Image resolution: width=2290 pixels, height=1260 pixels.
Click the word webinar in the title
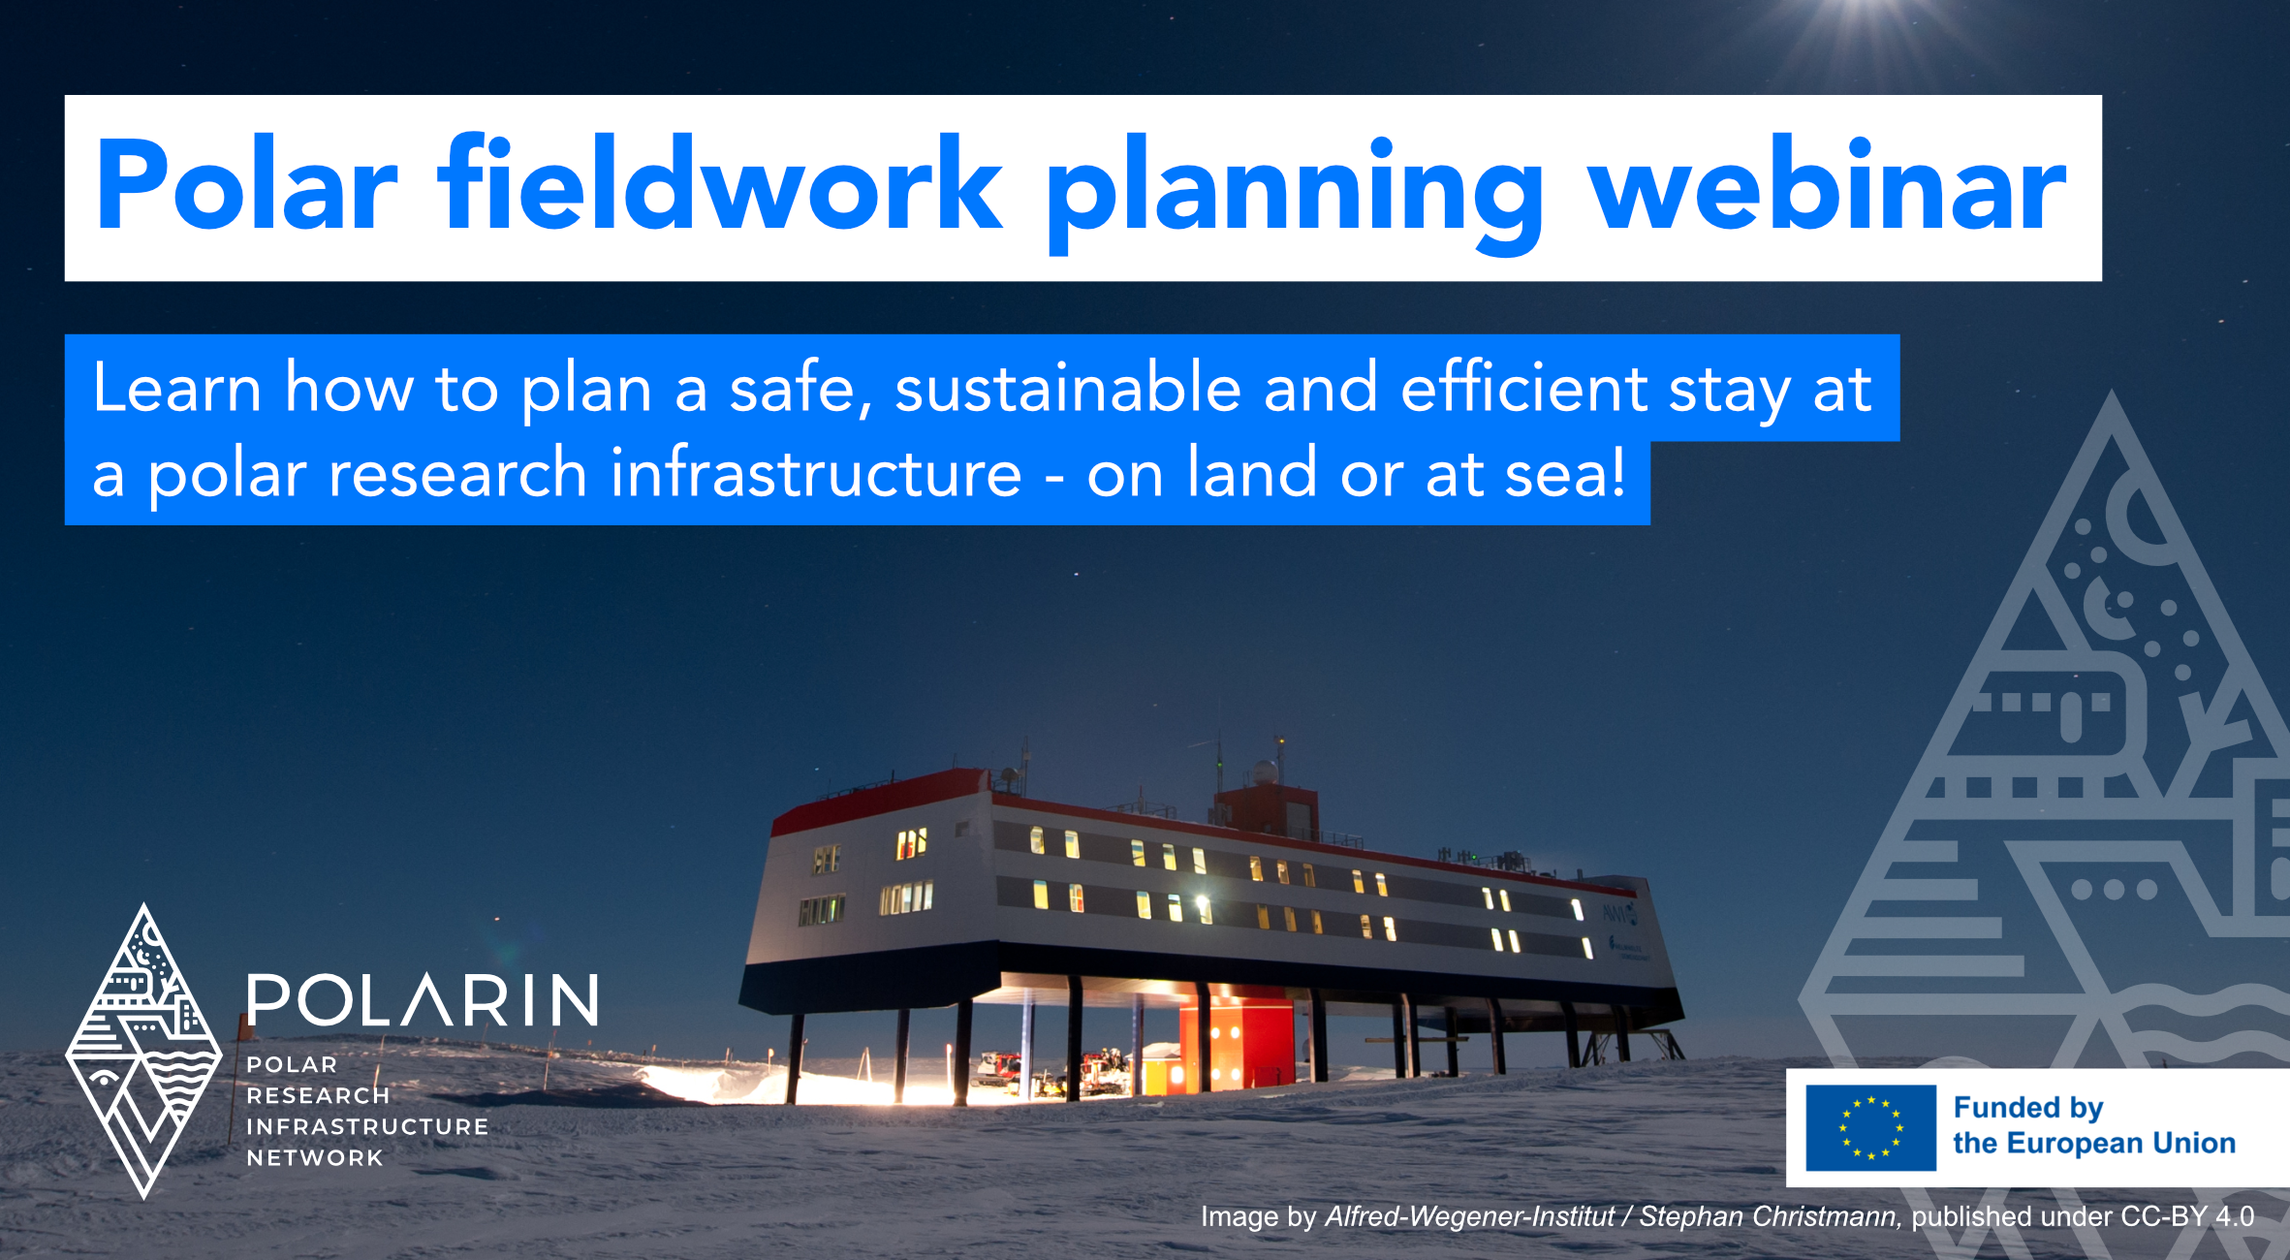[1827, 187]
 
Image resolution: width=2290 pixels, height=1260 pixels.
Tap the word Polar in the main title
[246, 187]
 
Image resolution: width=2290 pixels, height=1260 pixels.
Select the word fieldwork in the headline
[722, 187]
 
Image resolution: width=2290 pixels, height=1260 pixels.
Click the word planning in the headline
[1294, 194]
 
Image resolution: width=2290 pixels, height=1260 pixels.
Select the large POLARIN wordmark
[423, 1000]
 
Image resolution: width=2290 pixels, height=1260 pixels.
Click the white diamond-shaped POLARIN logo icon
[143, 1052]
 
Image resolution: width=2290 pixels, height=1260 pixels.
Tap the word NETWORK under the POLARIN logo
[315, 1157]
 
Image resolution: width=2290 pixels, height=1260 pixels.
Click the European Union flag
[1870, 1127]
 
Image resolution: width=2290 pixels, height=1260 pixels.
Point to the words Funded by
[2027, 1107]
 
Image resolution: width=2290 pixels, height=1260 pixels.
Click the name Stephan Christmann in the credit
[1769, 1216]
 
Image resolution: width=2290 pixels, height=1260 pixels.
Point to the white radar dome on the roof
[1265, 772]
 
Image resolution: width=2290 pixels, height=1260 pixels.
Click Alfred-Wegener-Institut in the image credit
[1469, 1216]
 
